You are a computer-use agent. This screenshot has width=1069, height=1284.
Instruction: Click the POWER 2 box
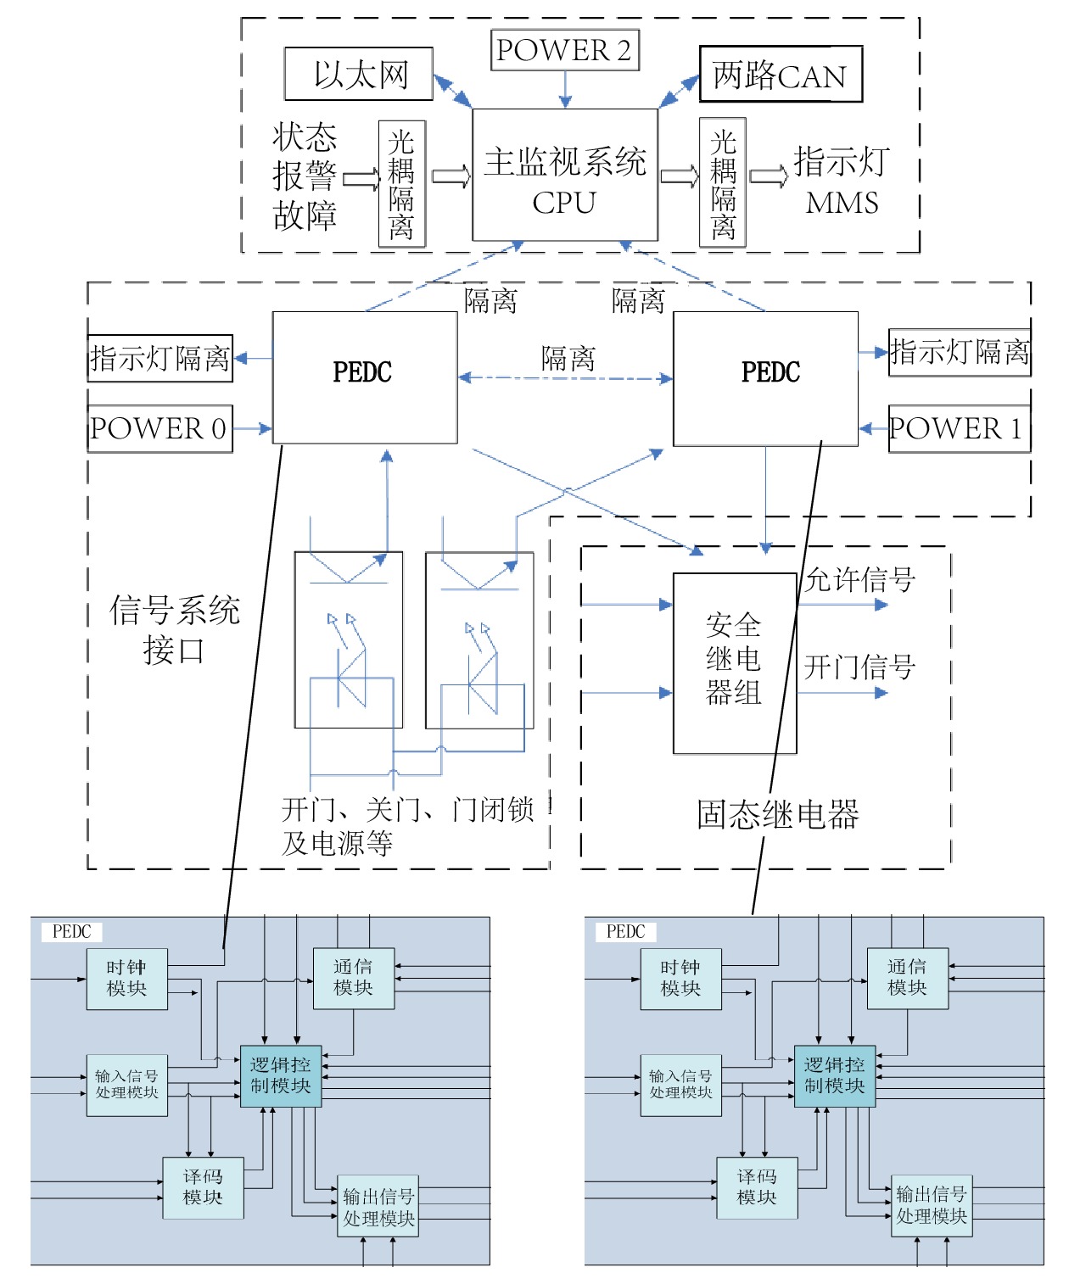click(x=564, y=51)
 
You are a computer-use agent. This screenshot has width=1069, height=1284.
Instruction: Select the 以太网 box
click(x=359, y=75)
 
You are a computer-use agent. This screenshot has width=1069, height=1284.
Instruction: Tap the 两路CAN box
click(x=781, y=75)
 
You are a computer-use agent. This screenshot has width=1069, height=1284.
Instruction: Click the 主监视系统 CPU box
click(x=565, y=176)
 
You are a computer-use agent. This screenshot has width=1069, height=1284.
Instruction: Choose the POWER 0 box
click(x=160, y=428)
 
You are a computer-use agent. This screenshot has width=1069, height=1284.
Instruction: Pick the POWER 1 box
click(x=959, y=428)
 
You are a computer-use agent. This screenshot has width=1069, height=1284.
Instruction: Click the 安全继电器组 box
click(x=735, y=662)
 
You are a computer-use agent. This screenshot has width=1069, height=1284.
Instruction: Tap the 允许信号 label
click(x=859, y=580)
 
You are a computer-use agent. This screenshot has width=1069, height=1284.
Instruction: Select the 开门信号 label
click(x=859, y=667)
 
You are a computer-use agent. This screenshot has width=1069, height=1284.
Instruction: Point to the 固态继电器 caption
click(x=778, y=814)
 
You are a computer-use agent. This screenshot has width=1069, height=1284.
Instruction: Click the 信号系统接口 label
click(x=175, y=629)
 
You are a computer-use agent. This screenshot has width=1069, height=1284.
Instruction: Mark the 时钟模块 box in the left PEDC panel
click(x=126, y=979)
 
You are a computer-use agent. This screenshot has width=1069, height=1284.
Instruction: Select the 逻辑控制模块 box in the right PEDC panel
click(x=834, y=1076)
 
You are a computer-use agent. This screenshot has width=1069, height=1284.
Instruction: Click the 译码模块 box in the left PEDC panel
click(x=203, y=1187)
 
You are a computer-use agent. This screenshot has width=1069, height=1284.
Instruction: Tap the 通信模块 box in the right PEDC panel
click(x=907, y=978)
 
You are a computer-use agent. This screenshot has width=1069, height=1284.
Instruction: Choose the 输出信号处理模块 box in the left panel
click(x=378, y=1207)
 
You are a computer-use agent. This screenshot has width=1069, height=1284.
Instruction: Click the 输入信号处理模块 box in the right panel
click(x=680, y=1085)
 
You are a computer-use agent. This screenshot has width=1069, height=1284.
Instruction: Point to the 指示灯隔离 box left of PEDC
click(x=160, y=358)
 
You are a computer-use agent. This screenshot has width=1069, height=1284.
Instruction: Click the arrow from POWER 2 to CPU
click(x=565, y=89)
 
